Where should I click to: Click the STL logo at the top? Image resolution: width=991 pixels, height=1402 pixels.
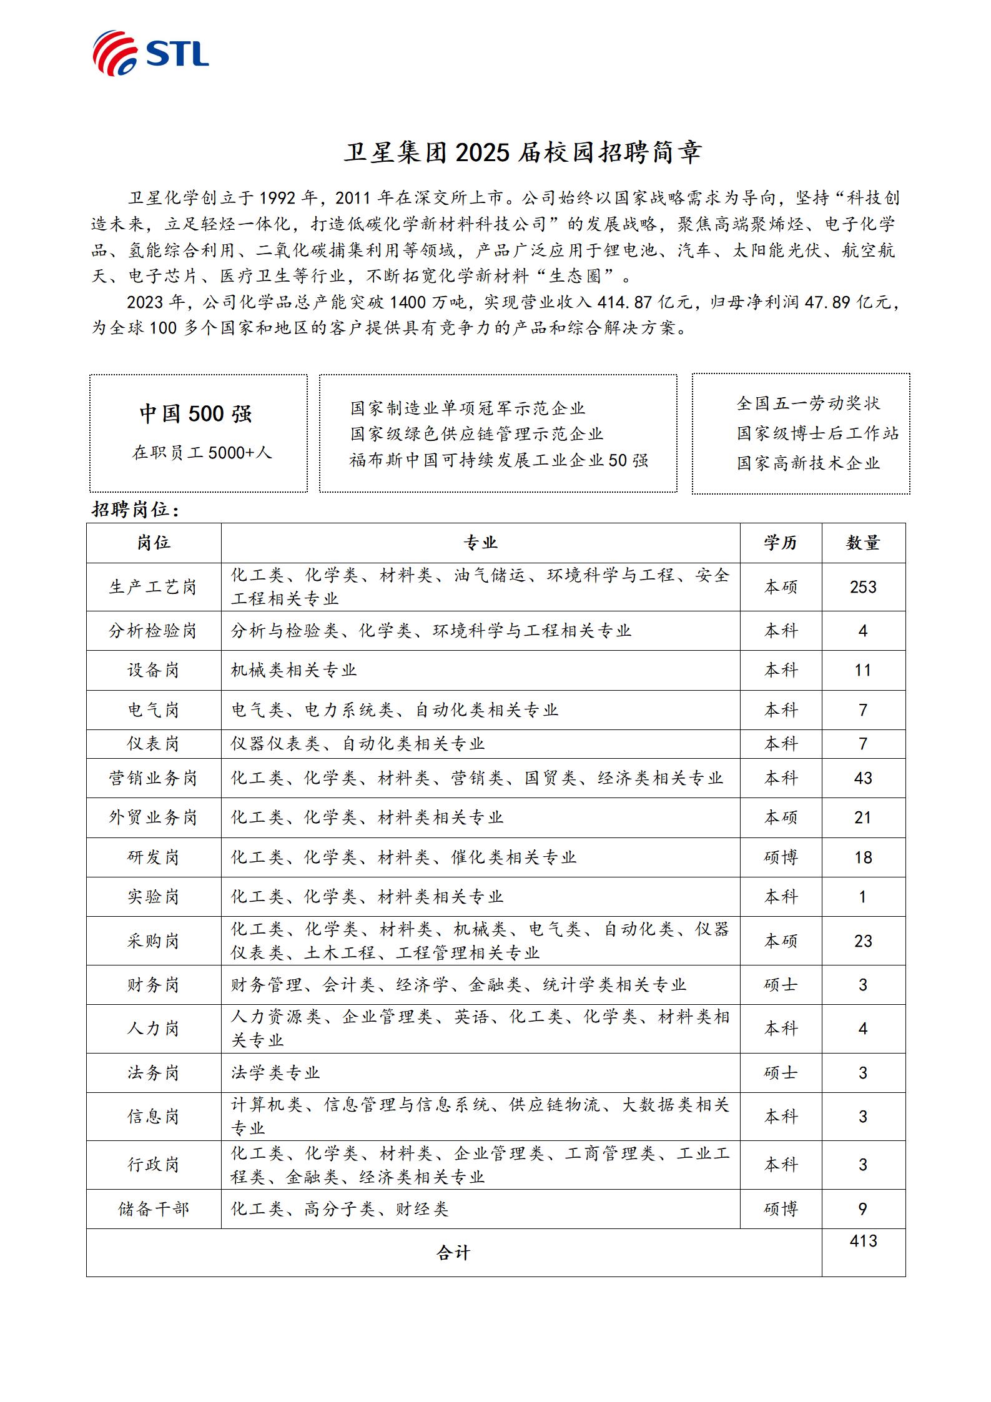click(150, 52)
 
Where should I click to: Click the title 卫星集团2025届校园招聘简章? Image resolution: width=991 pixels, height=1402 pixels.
click(523, 152)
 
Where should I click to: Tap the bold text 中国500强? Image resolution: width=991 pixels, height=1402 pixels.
click(195, 414)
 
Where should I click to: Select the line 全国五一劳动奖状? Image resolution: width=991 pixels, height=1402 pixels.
click(808, 404)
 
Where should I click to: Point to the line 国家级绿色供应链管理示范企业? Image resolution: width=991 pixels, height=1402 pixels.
click(476, 434)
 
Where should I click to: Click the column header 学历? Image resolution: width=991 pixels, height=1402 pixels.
click(781, 543)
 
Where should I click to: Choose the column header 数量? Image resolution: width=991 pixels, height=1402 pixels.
click(863, 543)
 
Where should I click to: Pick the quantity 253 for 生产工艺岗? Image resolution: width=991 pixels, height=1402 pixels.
click(863, 587)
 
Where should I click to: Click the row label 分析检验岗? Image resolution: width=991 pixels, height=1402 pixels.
click(153, 631)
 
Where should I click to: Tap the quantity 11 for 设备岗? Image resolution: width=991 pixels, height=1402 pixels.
click(862, 671)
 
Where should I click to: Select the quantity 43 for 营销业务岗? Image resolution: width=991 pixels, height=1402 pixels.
click(863, 778)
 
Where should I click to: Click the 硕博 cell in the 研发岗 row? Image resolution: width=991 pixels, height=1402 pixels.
click(781, 857)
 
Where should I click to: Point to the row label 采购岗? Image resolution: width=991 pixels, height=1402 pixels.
click(153, 941)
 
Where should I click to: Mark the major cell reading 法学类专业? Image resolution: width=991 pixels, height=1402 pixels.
click(275, 1073)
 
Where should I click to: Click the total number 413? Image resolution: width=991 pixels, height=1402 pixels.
click(863, 1241)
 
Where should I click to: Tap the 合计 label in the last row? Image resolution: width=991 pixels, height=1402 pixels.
click(453, 1253)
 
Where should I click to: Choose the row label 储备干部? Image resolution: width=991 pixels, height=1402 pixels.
click(153, 1209)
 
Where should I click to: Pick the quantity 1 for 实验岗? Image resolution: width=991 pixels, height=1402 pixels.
click(863, 897)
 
